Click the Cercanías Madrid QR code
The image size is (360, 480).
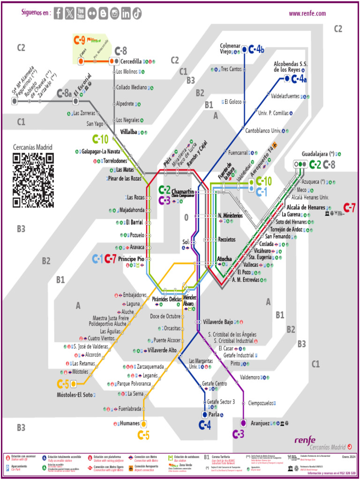click(33, 180)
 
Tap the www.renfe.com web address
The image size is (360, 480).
click(307, 14)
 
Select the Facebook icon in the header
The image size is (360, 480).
click(58, 14)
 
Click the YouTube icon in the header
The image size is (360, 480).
click(81, 14)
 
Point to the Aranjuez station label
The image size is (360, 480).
click(260, 423)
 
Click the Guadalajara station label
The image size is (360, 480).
click(318, 154)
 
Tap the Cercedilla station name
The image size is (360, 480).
click(131, 61)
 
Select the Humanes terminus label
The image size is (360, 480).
click(127, 423)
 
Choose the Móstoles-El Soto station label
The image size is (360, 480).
click(75, 395)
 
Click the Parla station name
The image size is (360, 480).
click(214, 414)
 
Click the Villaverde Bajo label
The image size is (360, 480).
click(218, 322)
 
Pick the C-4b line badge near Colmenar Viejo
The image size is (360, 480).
click(256, 49)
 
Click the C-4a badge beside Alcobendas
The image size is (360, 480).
click(299, 79)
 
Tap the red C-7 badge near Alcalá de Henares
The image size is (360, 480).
click(350, 207)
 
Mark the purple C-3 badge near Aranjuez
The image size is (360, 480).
click(239, 434)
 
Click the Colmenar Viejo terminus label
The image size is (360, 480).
click(230, 48)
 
